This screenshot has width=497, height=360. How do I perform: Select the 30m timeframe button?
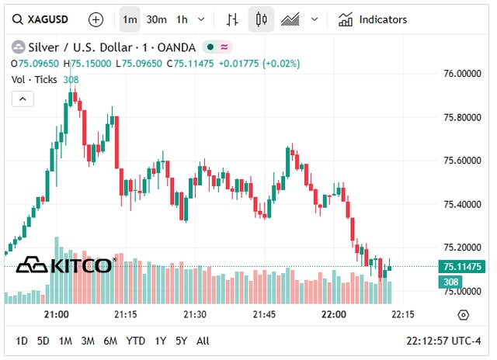coord(156,19)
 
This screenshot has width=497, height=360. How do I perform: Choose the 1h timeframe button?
coord(182,19)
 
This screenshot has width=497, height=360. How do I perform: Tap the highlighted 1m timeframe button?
coord(130,19)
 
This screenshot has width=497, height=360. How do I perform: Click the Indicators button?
coord(373,19)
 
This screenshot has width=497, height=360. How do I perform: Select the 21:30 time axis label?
coord(194,314)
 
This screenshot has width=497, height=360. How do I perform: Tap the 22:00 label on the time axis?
coord(333,314)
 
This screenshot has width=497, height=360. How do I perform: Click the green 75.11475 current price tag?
coord(461,267)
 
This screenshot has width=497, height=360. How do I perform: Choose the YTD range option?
coord(136,341)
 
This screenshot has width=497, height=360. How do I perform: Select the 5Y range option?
coord(181,341)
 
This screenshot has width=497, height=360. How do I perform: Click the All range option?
coord(203,341)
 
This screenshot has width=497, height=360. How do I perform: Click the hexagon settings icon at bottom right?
coord(464,314)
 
